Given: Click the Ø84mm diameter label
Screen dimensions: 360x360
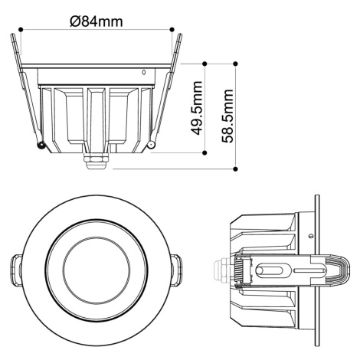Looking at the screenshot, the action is pos(97,21).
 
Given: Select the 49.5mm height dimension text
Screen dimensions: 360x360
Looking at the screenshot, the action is pos(197,108).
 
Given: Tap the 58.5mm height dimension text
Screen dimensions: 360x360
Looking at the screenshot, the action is pos(227,116).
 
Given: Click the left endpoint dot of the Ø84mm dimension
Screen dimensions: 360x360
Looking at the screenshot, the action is pos(21,30).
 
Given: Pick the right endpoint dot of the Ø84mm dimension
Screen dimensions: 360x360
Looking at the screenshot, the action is pos(172,29).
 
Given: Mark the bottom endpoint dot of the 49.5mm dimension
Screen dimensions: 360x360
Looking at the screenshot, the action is pos(205,152).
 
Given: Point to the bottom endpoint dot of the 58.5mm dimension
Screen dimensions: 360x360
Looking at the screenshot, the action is pos(236,169).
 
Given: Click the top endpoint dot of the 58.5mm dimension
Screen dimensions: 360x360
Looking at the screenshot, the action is pos(236,64).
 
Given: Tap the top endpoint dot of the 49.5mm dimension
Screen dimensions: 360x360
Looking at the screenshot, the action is pos(205,64).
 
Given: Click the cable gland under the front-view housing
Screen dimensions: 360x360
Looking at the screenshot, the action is pos(96,161).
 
